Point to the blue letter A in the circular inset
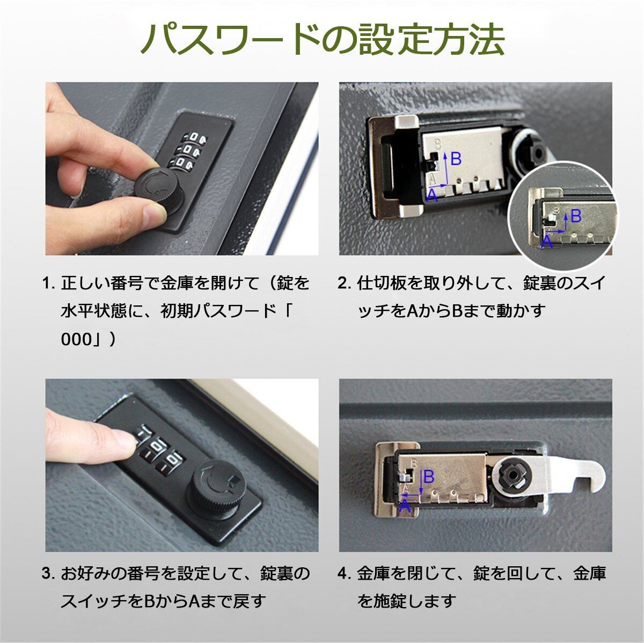(x=546, y=242)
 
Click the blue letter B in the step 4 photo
(x=429, y=477)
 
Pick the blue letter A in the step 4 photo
(x=405, y=506)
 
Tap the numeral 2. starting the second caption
(x=345, y=283)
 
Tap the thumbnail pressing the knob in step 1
(x=155, y=213)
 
